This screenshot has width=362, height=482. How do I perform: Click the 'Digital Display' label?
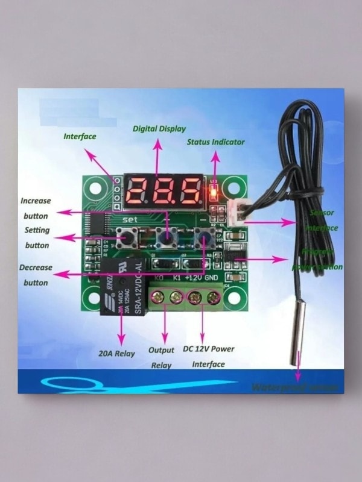(159, 128)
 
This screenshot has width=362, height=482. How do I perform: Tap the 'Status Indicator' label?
(215, 142)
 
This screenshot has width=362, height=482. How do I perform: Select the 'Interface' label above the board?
(80, 136)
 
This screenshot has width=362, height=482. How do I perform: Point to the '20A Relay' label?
(117, 353)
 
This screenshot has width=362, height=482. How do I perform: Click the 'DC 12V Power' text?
(208, 349)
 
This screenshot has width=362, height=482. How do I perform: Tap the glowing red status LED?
(214, 193)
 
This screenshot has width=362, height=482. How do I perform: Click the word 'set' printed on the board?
(131, 220)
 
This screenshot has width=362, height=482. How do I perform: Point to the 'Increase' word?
(36, 201)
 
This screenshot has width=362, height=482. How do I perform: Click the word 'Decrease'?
(36, 267)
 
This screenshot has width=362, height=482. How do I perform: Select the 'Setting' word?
(37, 230)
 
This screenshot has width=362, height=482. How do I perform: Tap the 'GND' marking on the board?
(212, 278)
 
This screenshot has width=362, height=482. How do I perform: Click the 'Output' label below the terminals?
(161, 349)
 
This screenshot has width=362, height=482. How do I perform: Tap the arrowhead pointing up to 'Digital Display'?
(158, 143)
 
